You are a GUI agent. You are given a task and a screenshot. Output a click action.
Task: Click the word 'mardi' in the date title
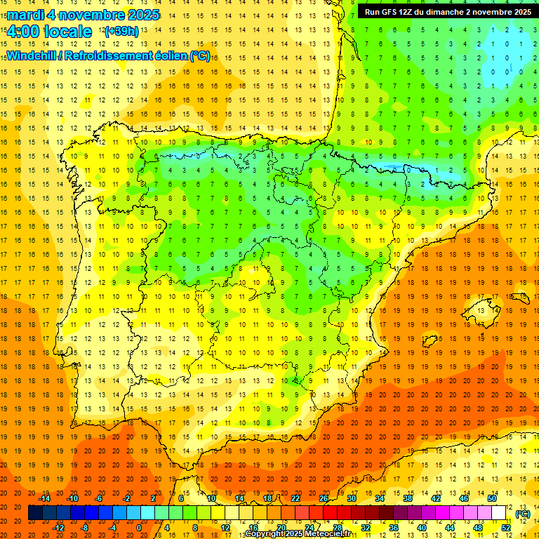coord(27,15)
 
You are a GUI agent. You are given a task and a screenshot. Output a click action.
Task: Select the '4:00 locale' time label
coord(49,32)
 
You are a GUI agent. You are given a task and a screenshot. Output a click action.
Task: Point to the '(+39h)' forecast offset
coord(121,32)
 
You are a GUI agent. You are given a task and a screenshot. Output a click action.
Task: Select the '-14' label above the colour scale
coord(45,498)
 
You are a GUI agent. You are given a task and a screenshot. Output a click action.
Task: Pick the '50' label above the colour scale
coord(491,498)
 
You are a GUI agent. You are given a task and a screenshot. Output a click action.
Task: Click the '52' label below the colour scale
coord(506,527)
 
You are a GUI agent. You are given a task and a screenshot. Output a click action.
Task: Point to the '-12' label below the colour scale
coord(59,527)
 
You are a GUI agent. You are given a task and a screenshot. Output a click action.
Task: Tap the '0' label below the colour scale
coord(140,527)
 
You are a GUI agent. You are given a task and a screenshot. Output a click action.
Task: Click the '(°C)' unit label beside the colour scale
coord(522,514)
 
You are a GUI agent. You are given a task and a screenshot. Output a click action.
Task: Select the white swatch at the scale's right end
coord(498,513)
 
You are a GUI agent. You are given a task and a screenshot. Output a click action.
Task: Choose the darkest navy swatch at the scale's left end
coord(35,513)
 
